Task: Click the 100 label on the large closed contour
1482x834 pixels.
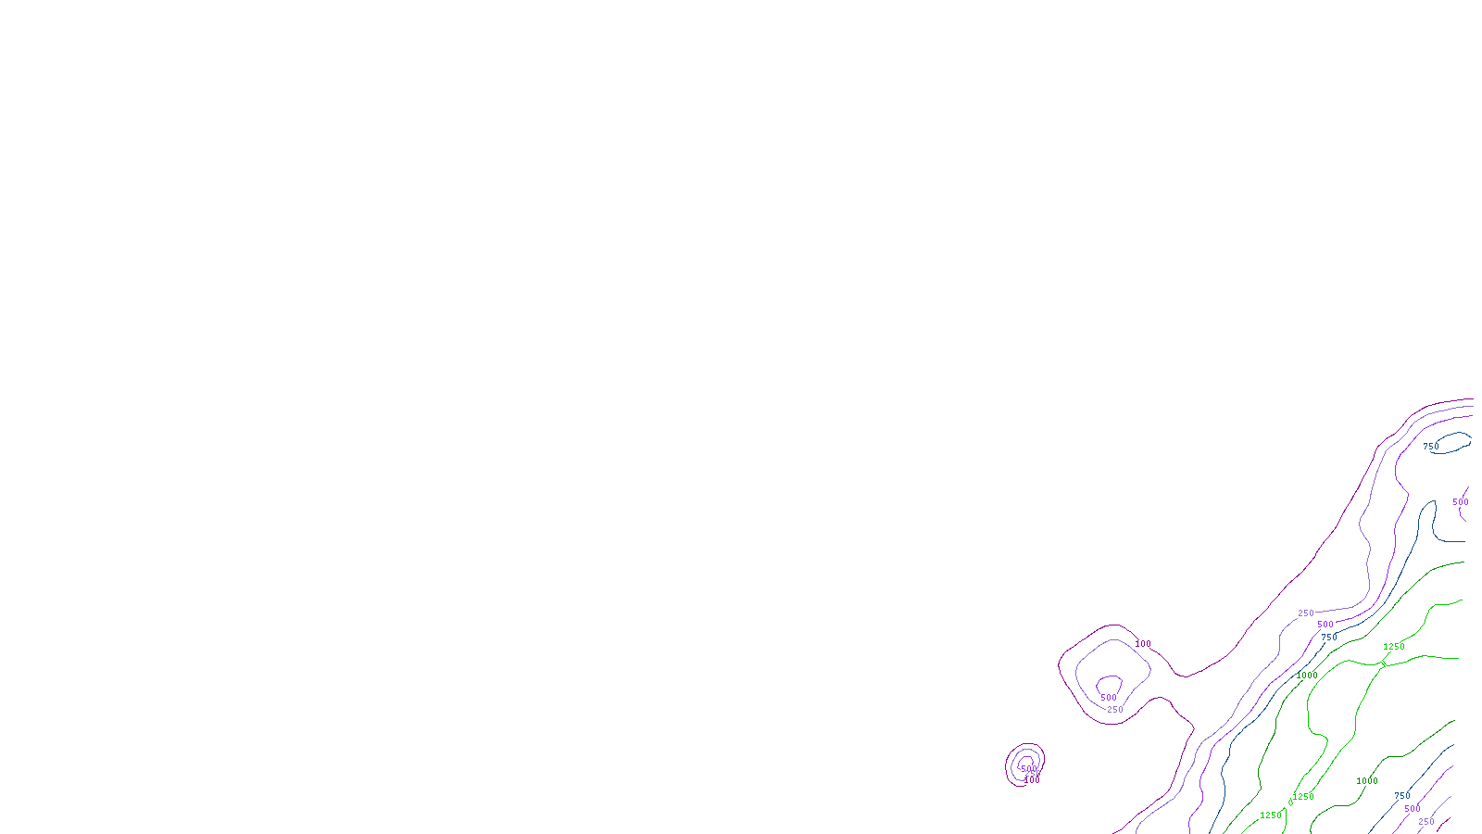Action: [1143, 644]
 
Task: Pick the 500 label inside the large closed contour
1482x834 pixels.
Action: [1109, 698]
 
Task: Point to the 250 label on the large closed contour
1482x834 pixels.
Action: [1115, 710]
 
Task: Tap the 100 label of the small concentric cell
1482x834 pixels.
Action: [1032, 780]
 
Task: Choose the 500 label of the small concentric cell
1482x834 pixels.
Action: [1028, 768]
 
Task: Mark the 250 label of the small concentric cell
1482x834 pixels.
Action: [1034, 774]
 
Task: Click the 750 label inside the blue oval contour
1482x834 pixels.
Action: [1431, 447]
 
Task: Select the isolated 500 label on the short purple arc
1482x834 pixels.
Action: [1461, 502]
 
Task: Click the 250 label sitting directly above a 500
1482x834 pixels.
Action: [1306, 613]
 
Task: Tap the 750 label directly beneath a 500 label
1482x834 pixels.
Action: [1329, 638]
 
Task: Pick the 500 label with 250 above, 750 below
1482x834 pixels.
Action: [1325, 625]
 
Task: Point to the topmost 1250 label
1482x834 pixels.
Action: [1394, 647]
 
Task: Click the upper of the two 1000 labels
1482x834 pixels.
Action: [1307, 676]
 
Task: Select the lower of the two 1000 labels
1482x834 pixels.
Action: [1367, 781]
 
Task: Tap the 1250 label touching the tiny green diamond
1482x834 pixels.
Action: [1303, 797]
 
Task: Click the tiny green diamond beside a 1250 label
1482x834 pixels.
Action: [1291, 802]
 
